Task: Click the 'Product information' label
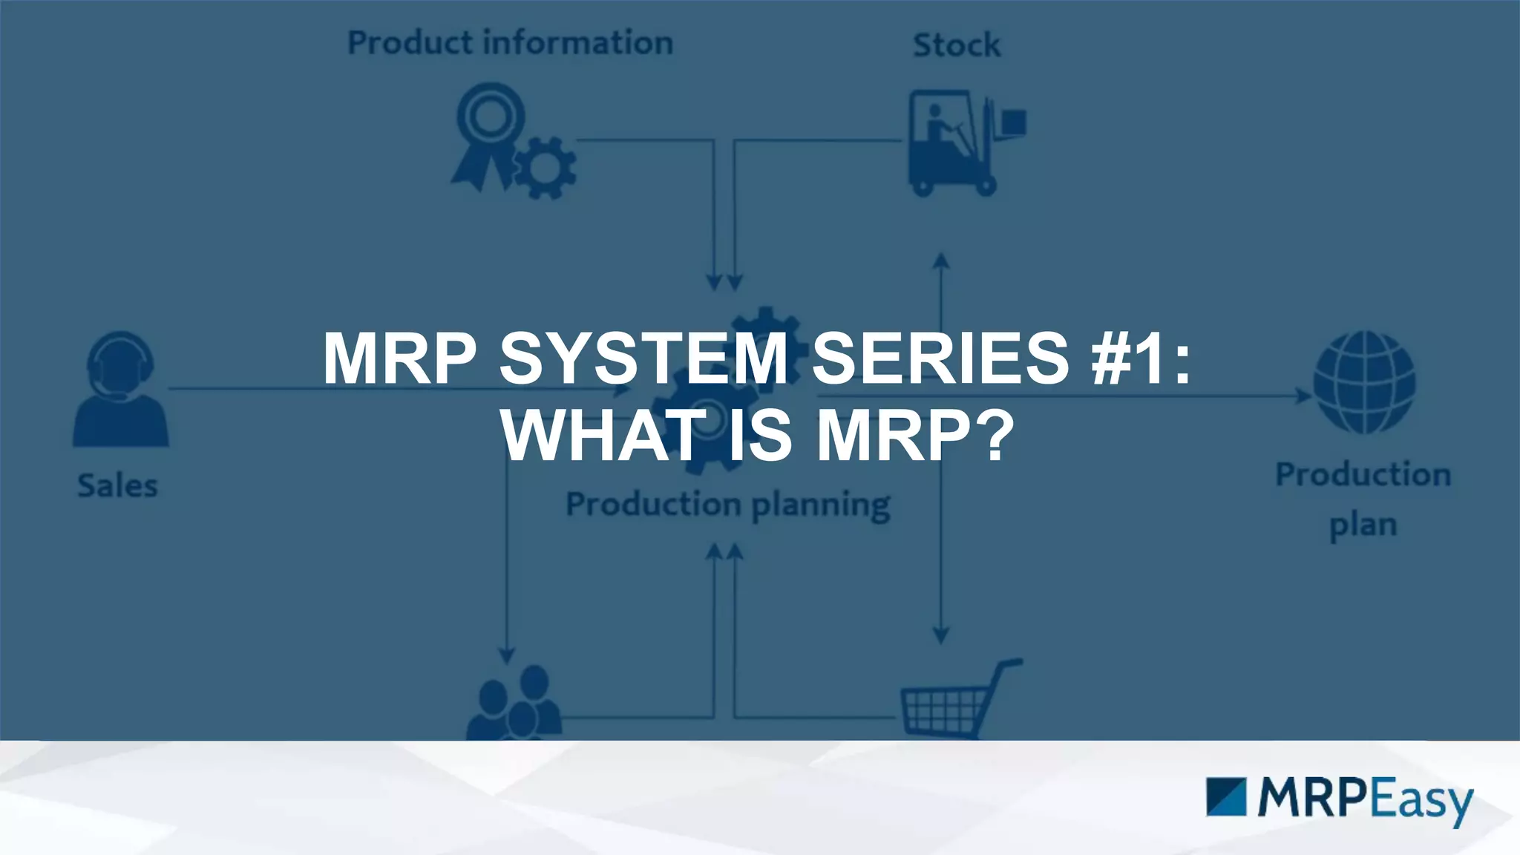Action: pos(511,43)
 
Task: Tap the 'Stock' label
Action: pos(957,45)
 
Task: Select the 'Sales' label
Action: pos(118,486)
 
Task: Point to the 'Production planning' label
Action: pos(728,505)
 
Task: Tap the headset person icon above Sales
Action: pos(120,389)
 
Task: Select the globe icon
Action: pos(1364,382)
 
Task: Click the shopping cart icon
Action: pos(957,701)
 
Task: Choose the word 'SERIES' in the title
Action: pos(941,358)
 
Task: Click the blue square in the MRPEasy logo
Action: pos(1226,797)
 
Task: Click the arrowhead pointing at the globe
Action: pos(1303,396)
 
